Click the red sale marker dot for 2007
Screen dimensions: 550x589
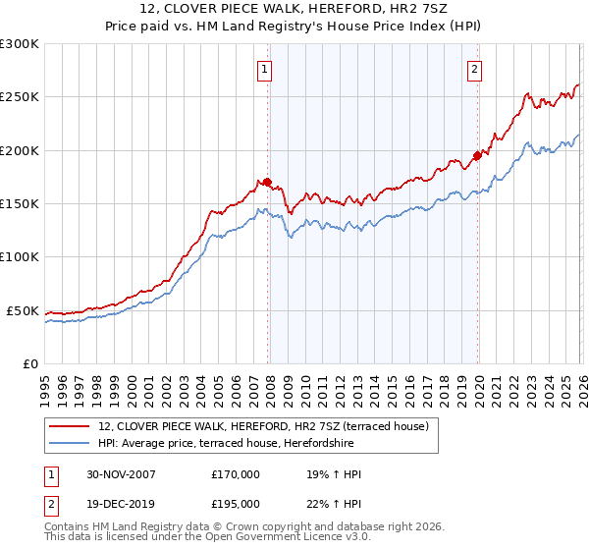click(x=267, y=182)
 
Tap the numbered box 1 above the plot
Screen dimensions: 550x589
click(x=266, y=69)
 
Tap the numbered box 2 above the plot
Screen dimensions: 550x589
click(x=475, y=69)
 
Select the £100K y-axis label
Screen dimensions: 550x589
click(x=20, y=257)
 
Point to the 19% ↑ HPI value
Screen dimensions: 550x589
click(x=335, y=474)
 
